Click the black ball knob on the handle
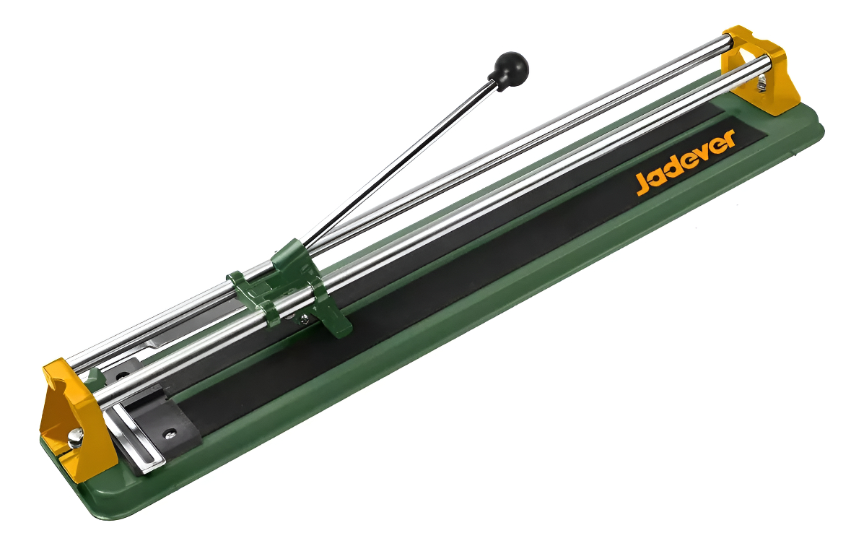511,66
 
